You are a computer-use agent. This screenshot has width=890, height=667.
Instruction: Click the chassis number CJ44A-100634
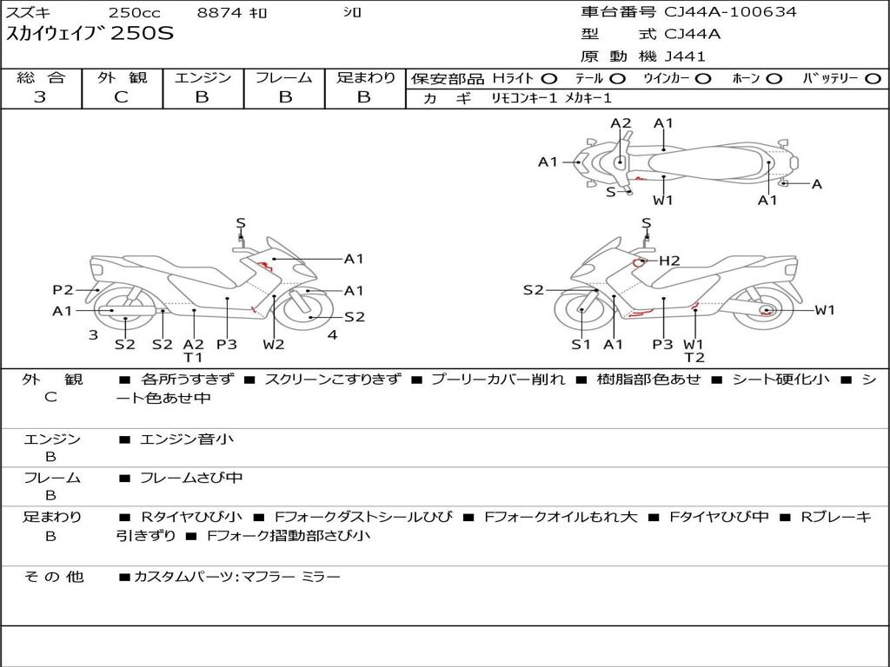730,12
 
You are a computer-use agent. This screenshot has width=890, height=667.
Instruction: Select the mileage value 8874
220,12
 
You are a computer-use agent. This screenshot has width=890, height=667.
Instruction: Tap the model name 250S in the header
142,33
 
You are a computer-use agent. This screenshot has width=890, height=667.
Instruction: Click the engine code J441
685,56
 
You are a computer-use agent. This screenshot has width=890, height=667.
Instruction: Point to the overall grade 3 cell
40,97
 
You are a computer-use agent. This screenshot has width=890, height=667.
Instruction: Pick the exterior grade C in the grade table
122,97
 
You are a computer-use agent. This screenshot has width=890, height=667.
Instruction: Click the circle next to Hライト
549,79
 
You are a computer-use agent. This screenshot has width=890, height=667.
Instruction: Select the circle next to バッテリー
873,79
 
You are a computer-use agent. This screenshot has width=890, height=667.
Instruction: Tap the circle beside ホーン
774,79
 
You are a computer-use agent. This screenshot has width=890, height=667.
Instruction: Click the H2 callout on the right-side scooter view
670,261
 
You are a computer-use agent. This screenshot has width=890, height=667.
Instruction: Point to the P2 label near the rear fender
63,290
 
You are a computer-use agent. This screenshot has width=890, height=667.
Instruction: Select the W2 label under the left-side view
273,344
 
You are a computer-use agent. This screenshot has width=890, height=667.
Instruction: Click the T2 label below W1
694,357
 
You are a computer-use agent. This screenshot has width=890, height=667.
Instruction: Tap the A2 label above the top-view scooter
621,123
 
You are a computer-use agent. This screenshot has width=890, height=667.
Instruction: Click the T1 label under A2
193,357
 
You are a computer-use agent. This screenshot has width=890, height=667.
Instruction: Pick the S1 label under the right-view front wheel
581,344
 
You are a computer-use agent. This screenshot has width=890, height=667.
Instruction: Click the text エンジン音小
186,439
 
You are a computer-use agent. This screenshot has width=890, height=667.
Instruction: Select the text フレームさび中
191,479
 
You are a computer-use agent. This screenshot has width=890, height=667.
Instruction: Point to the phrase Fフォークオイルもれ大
561,517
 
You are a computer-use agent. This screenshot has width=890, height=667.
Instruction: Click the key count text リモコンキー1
524,98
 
